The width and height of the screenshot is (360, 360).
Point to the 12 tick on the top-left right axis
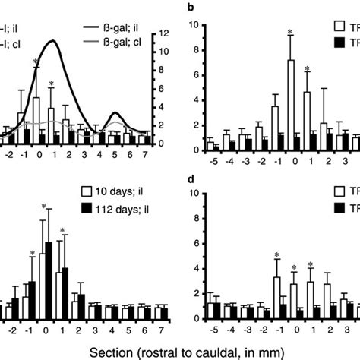coord(162,33)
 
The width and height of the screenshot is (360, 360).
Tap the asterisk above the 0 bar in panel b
coord(290,32)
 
